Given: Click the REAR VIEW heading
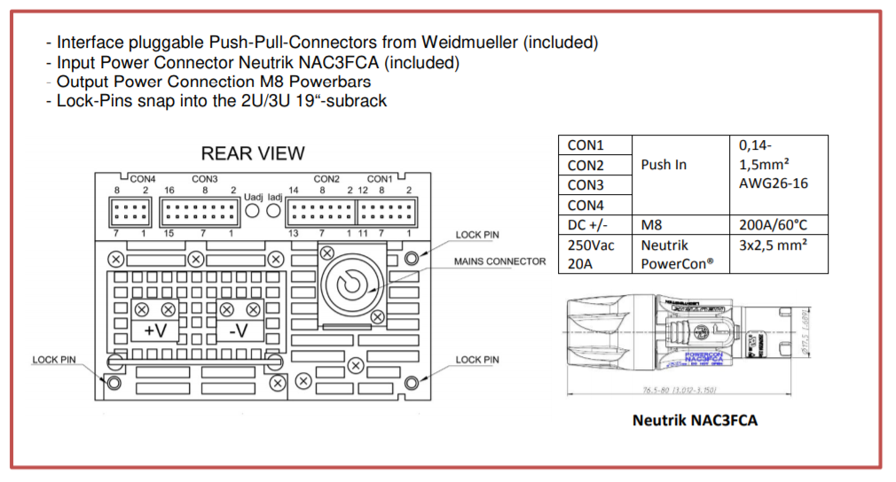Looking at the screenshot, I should pyautogui.click(x=253, y=153).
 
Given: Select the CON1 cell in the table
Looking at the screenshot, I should pyautogui.click(x=586, y=145).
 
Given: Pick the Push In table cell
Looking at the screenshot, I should pyautogui.click(x=664, y=165).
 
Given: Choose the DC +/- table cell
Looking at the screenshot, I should pyautogui.click(x=591, y=225).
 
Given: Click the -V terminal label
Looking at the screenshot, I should pyautogui.click(x=239, y=330).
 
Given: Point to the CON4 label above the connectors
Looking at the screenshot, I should pyautogui.click(x=142, y=179).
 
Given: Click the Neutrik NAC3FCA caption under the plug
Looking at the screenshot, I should pyautogui.click(x=695, y=420).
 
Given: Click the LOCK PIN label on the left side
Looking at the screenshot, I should pyautogui.click(x=54, y=360).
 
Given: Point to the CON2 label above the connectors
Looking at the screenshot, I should pyautogui.click(x=326, y=179).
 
